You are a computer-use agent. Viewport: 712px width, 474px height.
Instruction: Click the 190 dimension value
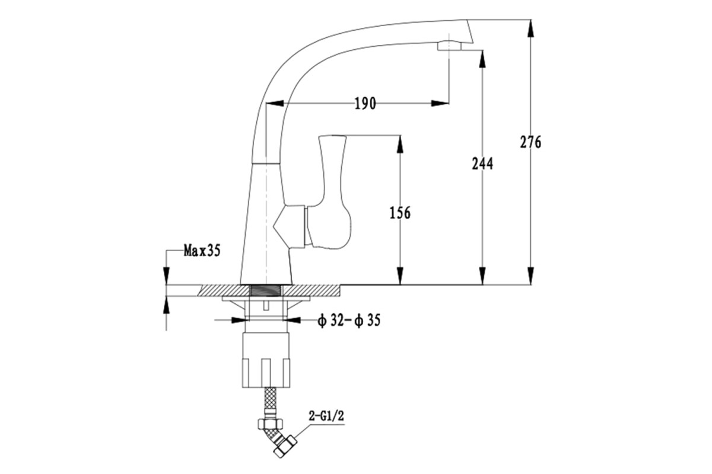pos(365,104)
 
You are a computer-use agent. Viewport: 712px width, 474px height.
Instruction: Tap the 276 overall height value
pos(530,142)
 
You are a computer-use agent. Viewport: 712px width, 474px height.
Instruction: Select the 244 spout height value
pos(482,164)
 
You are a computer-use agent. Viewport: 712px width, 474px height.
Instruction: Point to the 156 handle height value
pos(400,213)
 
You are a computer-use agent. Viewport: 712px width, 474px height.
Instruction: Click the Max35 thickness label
pos(202,251)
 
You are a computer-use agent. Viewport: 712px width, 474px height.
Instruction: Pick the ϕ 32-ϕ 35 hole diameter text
pos(349,321)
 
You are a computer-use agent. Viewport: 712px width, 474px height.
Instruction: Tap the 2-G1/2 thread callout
pos(326,416)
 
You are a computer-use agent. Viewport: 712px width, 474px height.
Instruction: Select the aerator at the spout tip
pos(449,46)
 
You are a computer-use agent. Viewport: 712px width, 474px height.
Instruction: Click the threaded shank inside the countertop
pos(265,290)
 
